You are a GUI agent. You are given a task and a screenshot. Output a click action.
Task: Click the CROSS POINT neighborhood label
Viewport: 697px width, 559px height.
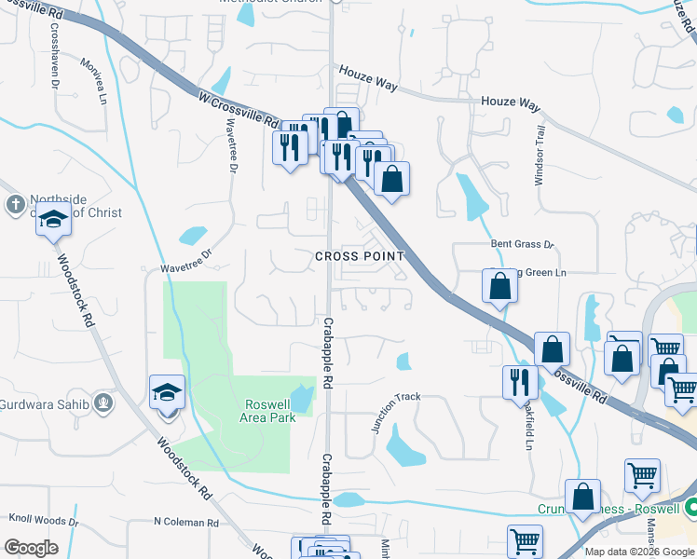[360, 255]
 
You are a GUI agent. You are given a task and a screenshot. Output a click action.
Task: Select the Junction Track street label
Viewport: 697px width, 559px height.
[396, 411]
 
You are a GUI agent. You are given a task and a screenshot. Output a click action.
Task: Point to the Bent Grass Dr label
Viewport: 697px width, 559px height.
[523, 244]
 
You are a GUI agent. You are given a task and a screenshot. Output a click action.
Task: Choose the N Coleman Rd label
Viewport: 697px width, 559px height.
[184, 522]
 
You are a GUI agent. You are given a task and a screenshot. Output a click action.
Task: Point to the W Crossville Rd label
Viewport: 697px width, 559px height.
[239, 108]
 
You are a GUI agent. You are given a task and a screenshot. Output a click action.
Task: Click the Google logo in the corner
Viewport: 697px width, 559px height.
[31, 548]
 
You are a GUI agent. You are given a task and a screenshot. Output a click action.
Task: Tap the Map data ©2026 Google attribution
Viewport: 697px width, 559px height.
[640, 552]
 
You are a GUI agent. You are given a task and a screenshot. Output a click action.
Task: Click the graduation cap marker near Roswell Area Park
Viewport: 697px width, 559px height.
[167, 391]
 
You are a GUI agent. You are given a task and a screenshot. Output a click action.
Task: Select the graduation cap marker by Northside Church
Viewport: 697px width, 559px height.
[54, 221]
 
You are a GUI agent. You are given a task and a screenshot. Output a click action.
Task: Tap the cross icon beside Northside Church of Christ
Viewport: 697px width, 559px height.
[15, 204]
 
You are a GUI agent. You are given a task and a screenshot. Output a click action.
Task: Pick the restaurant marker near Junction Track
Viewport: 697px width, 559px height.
[519, 382]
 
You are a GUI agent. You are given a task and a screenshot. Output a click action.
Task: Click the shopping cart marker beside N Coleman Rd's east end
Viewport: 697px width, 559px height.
[525, 540]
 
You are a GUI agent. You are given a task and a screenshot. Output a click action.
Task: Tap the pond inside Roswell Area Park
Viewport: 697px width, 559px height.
[303, 399]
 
